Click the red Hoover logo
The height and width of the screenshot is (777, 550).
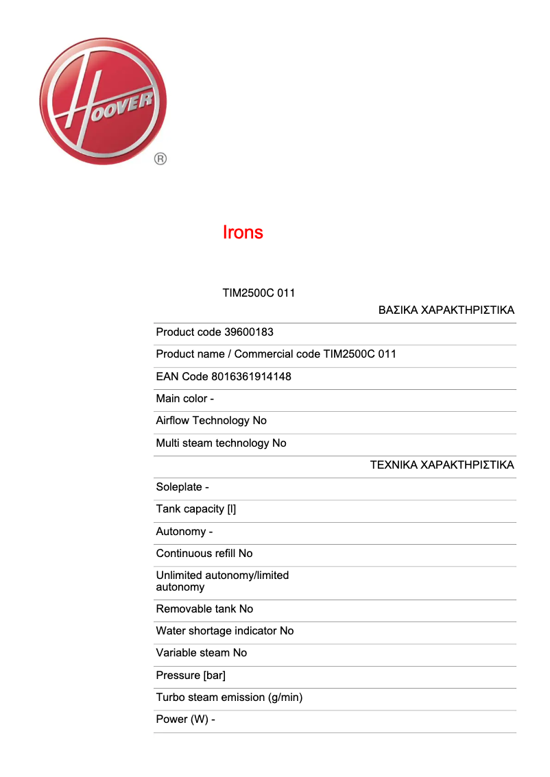(x=103, y=101)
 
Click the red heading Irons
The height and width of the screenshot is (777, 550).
(x=243, y=232)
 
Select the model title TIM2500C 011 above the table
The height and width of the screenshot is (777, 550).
(x=259, y=293)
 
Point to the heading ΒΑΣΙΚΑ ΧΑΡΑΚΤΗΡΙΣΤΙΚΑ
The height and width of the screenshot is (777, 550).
(x=446, y=310)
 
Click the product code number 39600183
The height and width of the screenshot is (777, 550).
(x=249, y=332)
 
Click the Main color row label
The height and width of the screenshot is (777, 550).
(x=182, y=399)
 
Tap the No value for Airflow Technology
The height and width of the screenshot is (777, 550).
(x=259, y=421)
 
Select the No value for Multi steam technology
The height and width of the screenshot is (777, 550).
(x=279, y=443)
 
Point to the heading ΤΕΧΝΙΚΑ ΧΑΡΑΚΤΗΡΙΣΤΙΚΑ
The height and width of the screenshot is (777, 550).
(x=442, y=465)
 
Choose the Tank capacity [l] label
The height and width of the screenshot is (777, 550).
(x=196, y=509)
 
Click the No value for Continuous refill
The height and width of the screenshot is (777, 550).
(x=245, y=554)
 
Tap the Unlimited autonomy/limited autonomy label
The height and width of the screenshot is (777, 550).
(x=222, y=581)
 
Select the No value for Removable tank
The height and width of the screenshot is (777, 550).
(x=246, y=609)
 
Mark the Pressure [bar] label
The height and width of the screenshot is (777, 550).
(x=191, y=676)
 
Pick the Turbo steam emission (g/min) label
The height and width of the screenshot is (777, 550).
(x=229, y=698)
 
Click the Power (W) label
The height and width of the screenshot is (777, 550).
(x=182, y=719)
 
